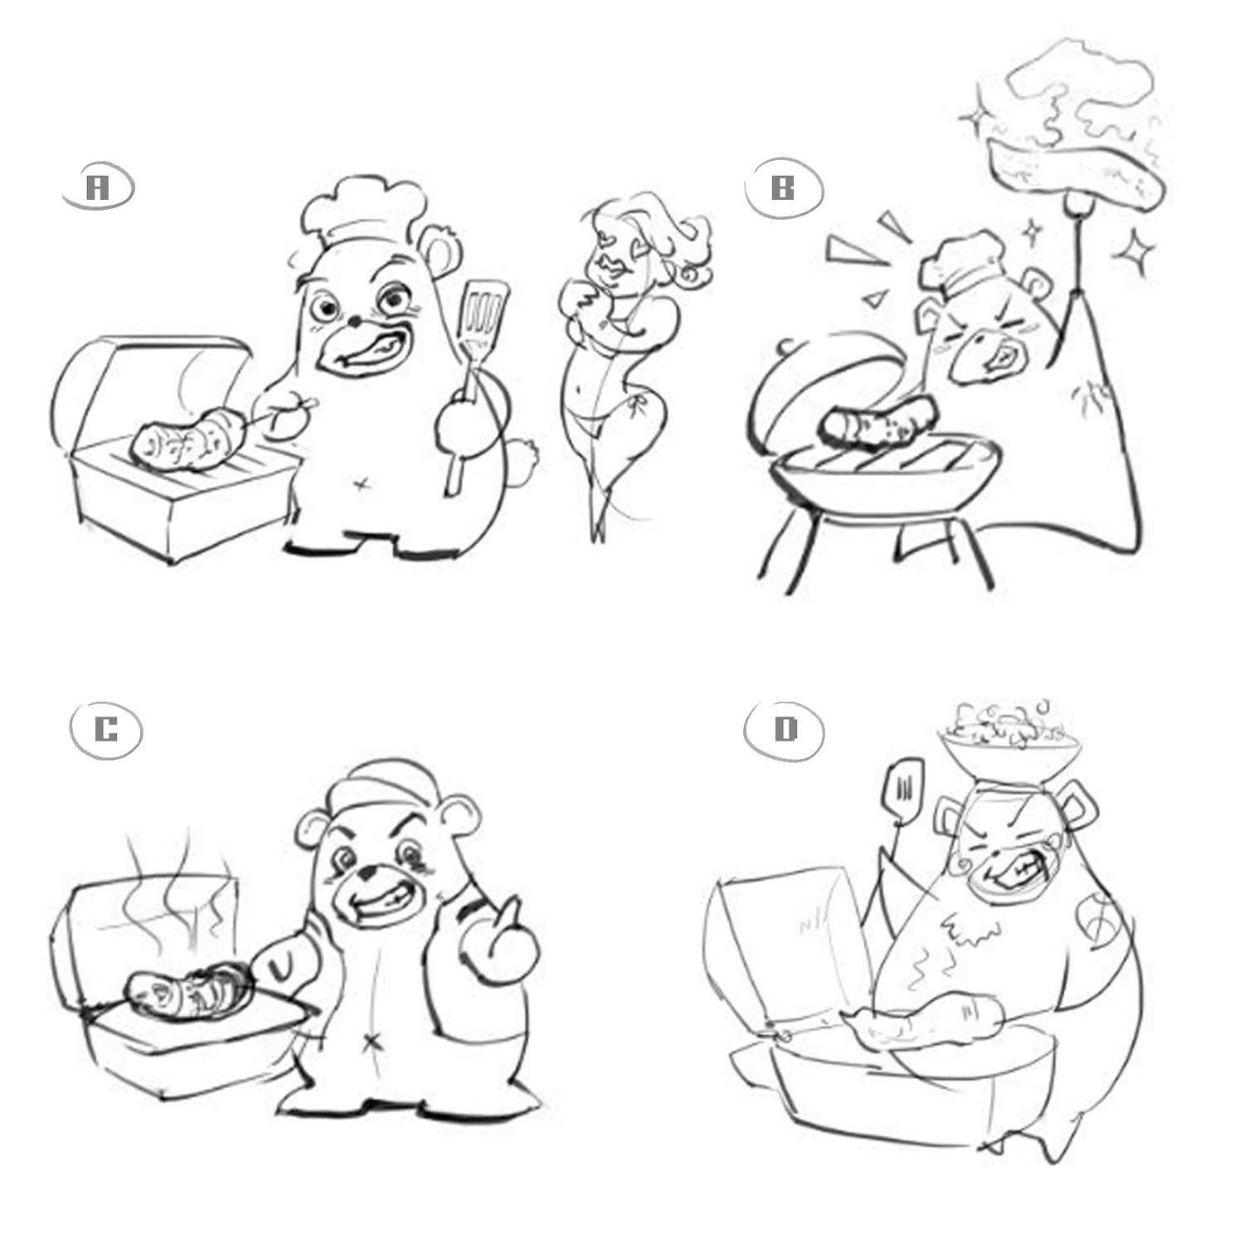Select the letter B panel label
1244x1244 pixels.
click(782, 189)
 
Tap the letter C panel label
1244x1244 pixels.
click(106, 731)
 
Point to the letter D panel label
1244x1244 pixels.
click(784, 731)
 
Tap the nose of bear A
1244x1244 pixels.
click(354, 318)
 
